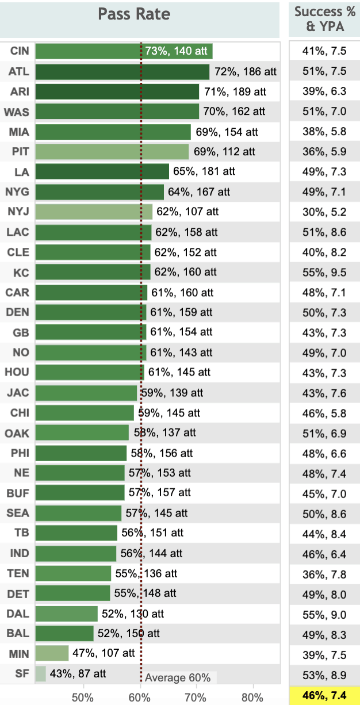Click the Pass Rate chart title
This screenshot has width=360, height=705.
(x=134, y=15)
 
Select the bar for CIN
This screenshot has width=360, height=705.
(x=124, y=51)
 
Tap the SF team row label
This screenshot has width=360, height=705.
(x=22, y=673)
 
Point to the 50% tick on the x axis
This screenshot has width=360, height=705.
(x=83, y=697)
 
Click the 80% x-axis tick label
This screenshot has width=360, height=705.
(x=252, y=697)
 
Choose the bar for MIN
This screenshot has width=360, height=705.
(x=52, y=653)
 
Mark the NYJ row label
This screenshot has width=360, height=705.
(x=20, y=212)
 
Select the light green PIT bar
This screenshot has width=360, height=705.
(x=112, y=152)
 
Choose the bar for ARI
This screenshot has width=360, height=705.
(x=117, y=92)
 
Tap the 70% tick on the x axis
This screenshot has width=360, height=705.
(x=196, y=697)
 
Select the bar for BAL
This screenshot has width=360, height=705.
(x=64, y=633)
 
